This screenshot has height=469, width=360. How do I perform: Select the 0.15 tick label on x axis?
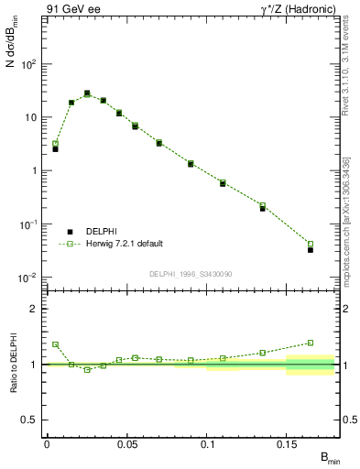(287, 444)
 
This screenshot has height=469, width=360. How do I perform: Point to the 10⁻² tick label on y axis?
(28, 278)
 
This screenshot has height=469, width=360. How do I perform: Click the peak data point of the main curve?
(87, 93)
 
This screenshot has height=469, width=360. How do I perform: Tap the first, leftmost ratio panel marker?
(55, 344)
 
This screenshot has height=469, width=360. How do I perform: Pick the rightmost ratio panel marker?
(311, 343)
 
